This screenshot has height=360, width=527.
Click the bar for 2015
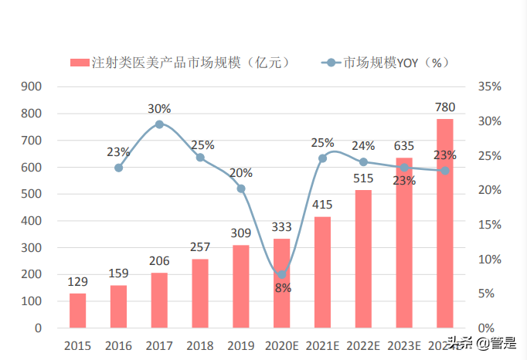click(x=77, y=311)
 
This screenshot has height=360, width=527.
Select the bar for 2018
click(x=199, y=294)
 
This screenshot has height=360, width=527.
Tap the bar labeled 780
click(x=444, y=224)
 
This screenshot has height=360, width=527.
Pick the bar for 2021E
click(x=322, y=272)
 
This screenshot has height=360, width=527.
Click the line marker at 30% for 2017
click(x=159, y=124)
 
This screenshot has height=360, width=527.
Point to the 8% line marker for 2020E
click(x=281, y=274)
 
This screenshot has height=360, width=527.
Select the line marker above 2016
click(x=118, y=168)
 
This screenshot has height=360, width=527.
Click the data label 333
click(x=281, y=227)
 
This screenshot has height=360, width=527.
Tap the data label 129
click(x=77, y=282)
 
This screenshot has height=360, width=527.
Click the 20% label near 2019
click(x=240, y=172)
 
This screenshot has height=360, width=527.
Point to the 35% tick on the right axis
click(x=490, y=87)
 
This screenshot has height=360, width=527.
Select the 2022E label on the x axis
click(x=363, y=345)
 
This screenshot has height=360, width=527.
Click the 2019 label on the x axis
click(x=240, y=345)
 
